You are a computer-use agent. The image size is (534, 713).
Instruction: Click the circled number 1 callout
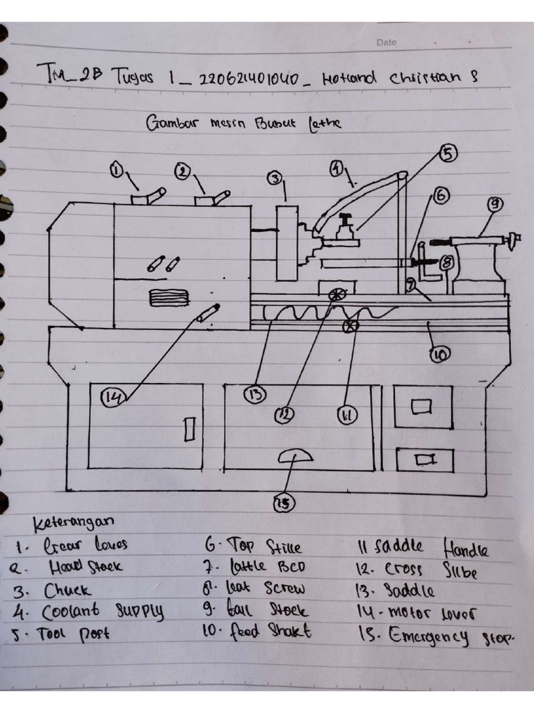click(x=117, y=169)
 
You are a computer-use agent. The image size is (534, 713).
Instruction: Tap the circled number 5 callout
click(x=448, y=154)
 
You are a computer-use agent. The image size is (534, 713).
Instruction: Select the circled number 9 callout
click(x=494, y=205)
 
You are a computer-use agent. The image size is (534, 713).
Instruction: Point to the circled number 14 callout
click(x=111, y=397)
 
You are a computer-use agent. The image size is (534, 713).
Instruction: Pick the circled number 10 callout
click(x=439, y=354)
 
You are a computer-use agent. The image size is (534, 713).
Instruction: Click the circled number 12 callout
click(x=284, y=415)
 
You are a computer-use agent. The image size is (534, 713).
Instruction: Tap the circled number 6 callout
click(x=441, y=196)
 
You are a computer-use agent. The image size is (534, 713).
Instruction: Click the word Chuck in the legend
click(x=67, y=590)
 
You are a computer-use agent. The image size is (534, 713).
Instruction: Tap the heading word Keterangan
click(x=74, y=522)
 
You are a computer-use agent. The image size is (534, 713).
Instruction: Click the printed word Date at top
click(x=386, y=42)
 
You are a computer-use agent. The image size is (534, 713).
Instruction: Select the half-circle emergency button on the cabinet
click(x=296, y=455)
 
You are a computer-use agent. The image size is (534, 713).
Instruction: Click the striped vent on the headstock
click(x=169, y=298)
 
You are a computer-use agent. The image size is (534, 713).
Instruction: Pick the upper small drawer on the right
click(x=423, y=407)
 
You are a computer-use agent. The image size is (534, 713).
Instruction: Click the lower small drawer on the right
click(x=424, y=460)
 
